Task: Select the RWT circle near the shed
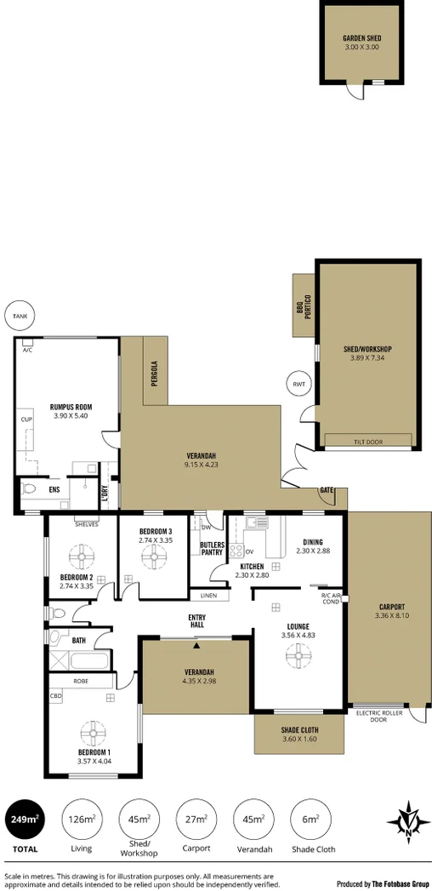298,384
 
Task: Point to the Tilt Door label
369,440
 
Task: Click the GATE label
327,490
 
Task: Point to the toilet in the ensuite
29,489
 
